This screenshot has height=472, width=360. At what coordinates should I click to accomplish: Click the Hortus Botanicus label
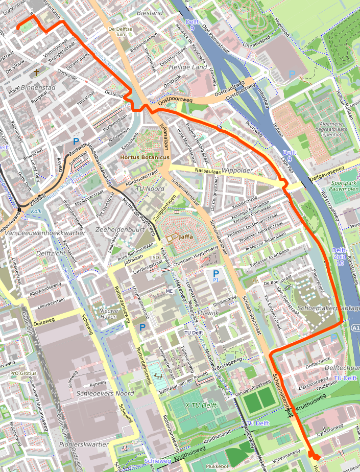pyautogui.click(x=145, y=158)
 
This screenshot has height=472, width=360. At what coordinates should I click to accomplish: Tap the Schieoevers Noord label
pyautogui.click(x=105, y=394)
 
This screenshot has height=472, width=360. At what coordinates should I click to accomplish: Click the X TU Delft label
pyautogui.click(x=201, y=405)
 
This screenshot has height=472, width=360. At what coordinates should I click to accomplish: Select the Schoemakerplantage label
pyautogui.click(x=328, y=309)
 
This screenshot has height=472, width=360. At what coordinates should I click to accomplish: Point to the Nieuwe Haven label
pyautogui.click(x=108, y=314)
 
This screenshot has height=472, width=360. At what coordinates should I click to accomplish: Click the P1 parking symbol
pyautogui.click(x=216, y=275)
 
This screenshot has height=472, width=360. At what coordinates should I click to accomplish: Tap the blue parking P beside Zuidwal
pyautogui.click(x=76, y=141)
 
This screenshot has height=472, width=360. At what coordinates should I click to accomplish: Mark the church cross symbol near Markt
pyautogui.click(x=36, y=73)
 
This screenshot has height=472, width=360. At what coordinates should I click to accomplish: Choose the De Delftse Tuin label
pyautogui.click(x=120, y=32)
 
